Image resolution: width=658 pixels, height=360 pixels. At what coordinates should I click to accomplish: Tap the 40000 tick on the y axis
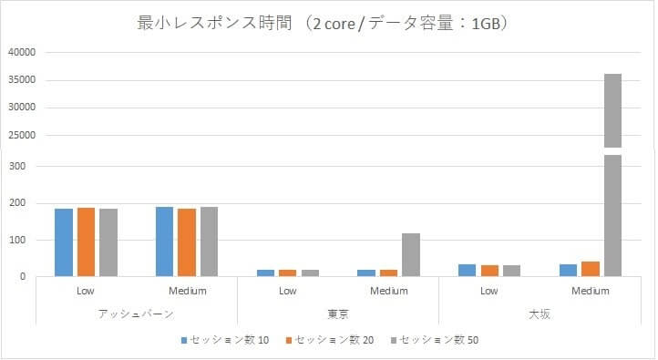coord(21,53)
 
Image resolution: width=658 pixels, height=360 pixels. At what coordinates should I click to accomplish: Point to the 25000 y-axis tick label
coord(21,136)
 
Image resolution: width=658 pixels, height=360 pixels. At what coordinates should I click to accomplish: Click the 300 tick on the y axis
coord(25,167)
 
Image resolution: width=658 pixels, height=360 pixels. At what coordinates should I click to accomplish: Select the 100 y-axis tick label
coord(25,240)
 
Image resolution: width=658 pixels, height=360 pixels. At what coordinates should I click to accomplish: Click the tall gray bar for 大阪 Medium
coord(612,173)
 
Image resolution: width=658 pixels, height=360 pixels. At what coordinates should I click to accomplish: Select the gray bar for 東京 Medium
coord(411,254)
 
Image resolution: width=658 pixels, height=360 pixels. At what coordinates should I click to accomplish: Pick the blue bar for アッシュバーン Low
coord(64,242)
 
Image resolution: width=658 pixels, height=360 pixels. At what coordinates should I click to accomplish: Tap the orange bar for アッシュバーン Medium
coord(187,242)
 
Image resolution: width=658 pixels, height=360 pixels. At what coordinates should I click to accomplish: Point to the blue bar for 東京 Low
coord(265,272)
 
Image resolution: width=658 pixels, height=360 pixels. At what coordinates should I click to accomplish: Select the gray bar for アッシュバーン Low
coord(108,242)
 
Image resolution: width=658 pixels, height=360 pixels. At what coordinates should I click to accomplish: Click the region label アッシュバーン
coord(137,314)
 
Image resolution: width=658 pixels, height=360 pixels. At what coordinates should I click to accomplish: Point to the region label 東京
coord(338,314)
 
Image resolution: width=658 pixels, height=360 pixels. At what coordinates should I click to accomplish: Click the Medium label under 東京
coord(389,292)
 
